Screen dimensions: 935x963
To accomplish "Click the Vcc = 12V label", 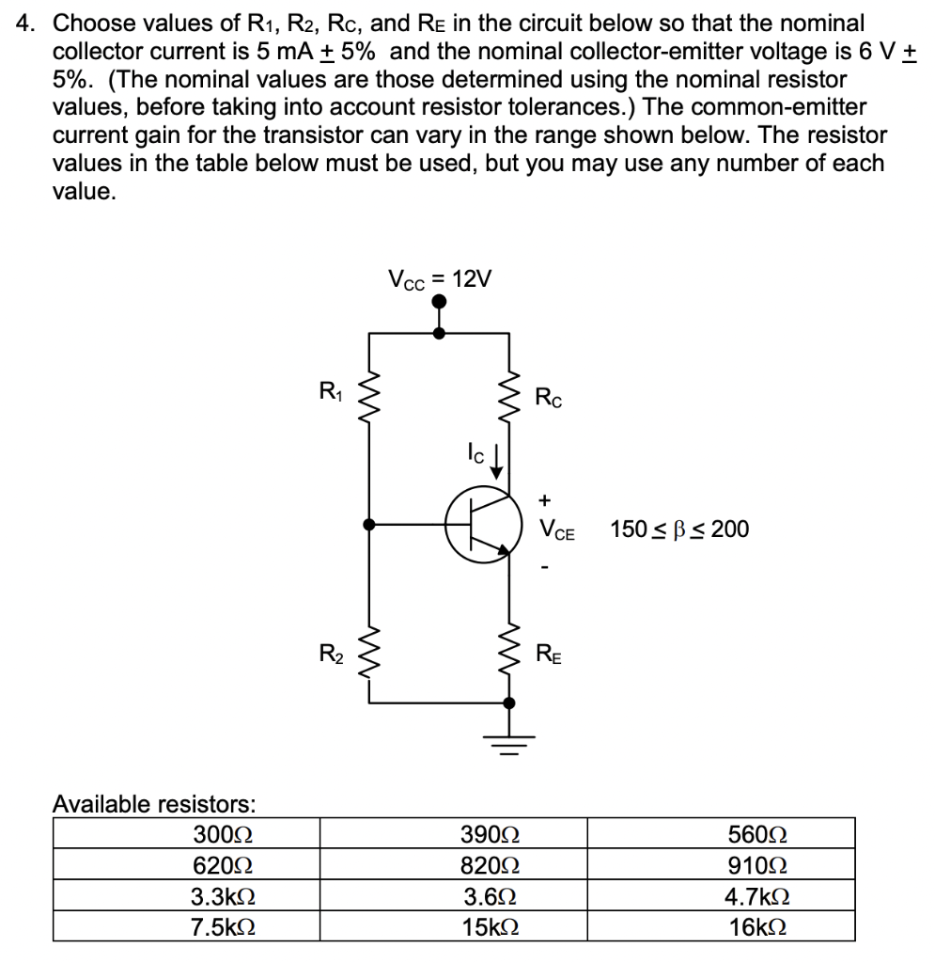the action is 439,278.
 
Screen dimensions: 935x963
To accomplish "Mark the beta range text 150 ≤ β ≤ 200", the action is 679,529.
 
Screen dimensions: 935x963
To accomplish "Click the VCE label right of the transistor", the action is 557,531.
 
